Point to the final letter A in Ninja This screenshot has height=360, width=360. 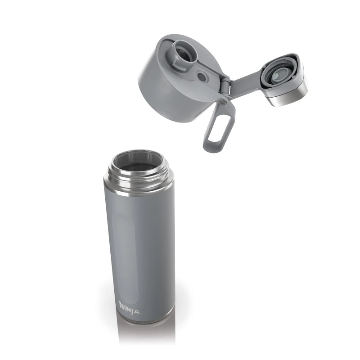(136, 312)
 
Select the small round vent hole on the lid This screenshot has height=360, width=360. (202, 77)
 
